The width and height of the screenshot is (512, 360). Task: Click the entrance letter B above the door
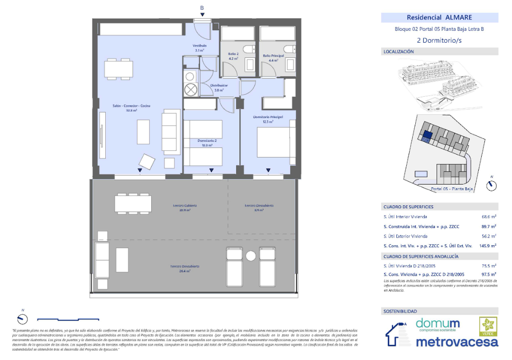202,8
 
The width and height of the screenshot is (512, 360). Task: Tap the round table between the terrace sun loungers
251,256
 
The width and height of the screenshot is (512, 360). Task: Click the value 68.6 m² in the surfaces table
488,217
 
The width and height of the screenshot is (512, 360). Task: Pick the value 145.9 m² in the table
487,246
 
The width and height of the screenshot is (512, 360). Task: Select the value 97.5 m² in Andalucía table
489,274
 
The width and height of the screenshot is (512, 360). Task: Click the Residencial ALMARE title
439,18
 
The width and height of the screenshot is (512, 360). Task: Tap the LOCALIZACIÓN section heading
399,52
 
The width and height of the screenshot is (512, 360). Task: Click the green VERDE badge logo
488,326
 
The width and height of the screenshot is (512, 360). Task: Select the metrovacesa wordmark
457,342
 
